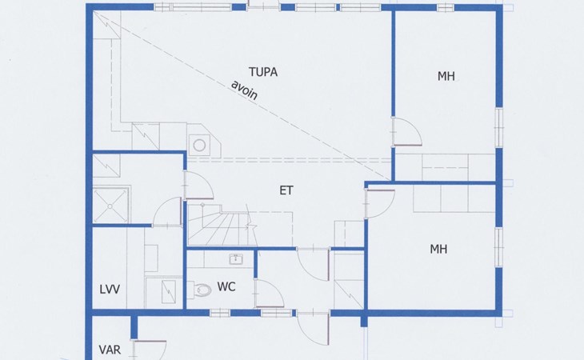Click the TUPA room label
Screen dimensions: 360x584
(263, 72)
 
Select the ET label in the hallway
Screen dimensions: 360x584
(286, 190)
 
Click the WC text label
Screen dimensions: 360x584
(226, 286)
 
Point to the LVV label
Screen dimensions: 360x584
(110, 289)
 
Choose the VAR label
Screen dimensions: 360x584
(110, 350)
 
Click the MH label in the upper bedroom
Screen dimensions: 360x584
(446, 77)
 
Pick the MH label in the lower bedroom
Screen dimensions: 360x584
(438, 250)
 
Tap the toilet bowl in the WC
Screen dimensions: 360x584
(200, 290)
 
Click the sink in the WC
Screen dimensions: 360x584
(236, 258)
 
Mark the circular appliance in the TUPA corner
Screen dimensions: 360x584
(199, 145)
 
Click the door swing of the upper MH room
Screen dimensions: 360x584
(406, 130)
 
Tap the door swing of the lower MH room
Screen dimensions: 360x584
(381, 203)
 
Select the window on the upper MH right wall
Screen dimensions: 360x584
(498, 125)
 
